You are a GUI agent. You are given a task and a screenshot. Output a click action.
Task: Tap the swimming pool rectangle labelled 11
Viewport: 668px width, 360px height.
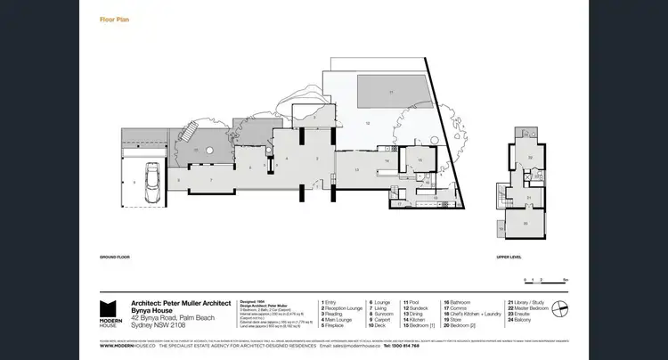click(389, 92)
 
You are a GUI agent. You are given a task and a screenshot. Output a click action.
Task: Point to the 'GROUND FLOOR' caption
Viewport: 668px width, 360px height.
click(117, 256)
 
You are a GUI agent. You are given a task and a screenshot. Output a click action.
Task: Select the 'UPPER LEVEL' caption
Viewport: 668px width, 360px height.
click(509, 256)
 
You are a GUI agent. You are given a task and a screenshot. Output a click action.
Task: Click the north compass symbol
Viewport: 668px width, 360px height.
click(558, 310)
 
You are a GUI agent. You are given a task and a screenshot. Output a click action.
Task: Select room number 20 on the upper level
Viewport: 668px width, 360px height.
click(526, 223)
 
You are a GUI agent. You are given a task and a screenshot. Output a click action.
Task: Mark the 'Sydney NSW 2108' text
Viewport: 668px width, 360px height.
click(157, 327)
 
